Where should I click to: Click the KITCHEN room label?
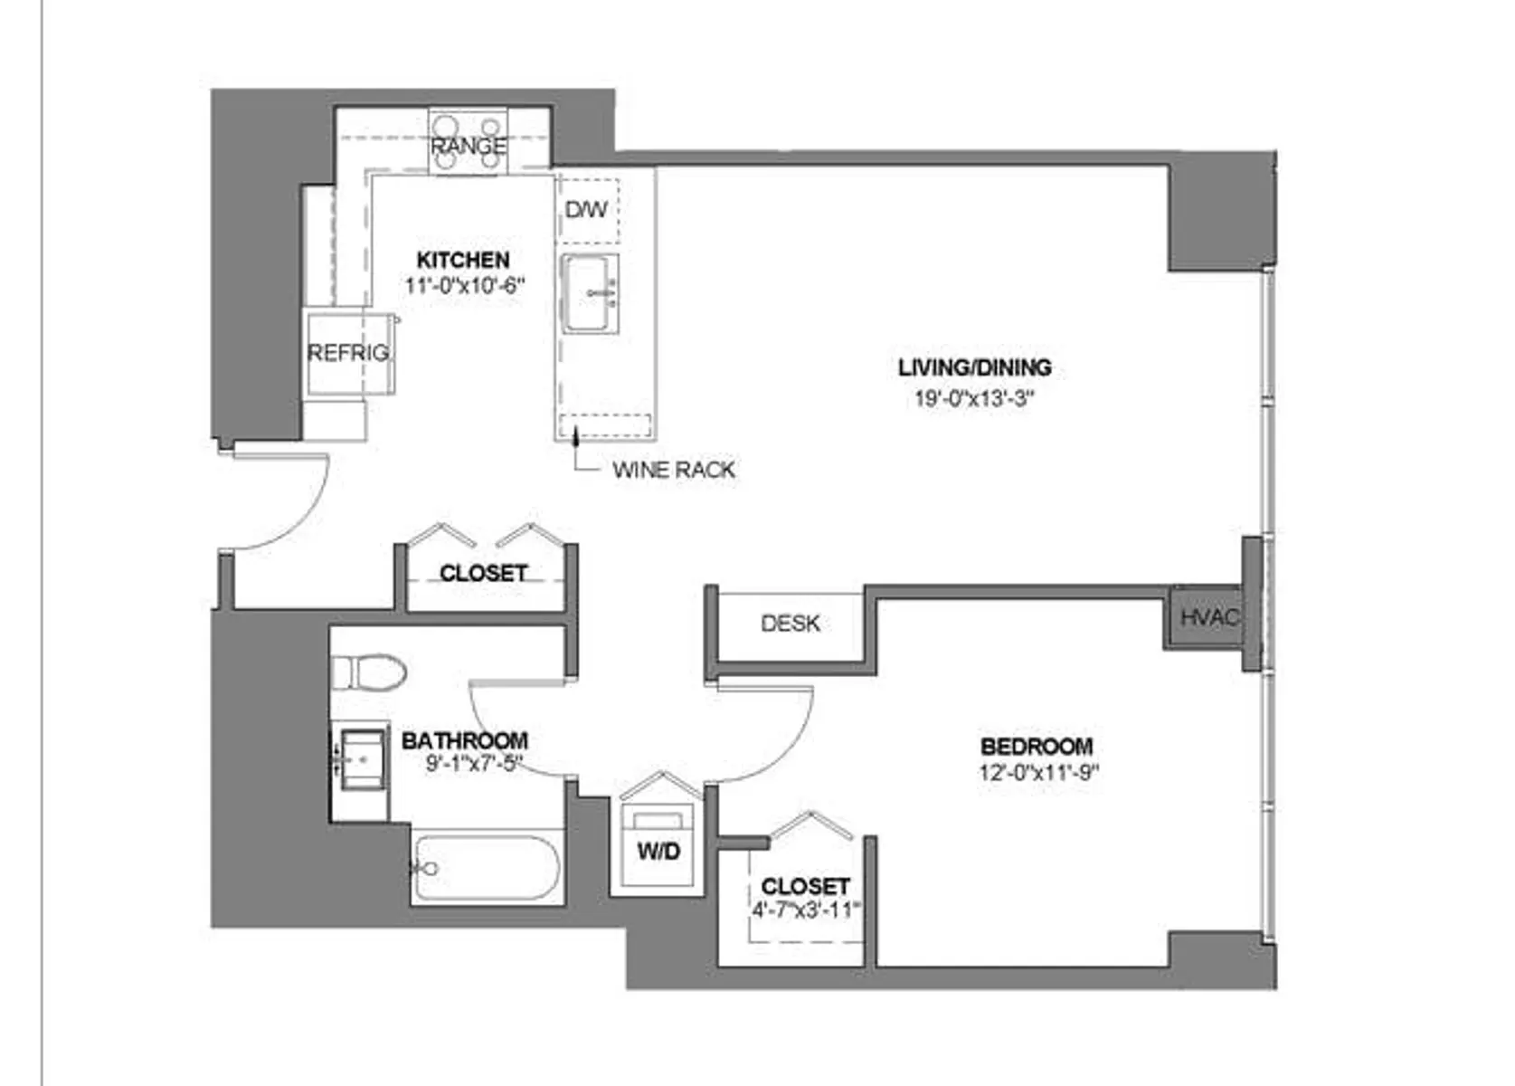[x=463, y=260]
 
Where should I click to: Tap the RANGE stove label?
[x=468, y=146]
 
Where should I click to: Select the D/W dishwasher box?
[x=587, y=211]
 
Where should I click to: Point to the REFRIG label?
[x=348, y=353]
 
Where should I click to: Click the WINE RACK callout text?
[x=674, y=470]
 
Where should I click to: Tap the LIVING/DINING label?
[x=975, y=367]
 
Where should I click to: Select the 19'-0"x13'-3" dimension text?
[x=975, y=398]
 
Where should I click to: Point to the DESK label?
[x=790, y=624]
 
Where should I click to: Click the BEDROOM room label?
[x=1037, y=747]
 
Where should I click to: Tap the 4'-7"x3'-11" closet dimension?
[x=806, y=910]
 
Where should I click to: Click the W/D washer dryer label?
[x=658, y=852]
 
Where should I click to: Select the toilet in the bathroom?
[x=369, y=672]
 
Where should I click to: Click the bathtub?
[x=487, y=869]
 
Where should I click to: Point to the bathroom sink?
[x=364, y=758]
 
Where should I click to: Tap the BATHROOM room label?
[x=465, y=740]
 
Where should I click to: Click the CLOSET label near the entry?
[x=483, y=573]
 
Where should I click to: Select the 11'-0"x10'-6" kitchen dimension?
[x=465, y=286]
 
